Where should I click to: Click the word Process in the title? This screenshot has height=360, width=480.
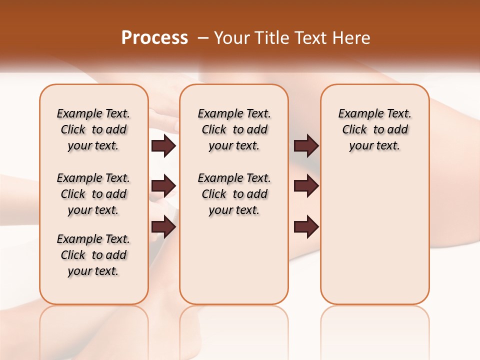154,38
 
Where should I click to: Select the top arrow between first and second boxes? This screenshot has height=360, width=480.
163,145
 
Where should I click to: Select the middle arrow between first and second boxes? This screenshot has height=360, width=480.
163,186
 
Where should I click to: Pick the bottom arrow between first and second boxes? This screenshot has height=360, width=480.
163,227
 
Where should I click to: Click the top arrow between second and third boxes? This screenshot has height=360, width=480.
306,145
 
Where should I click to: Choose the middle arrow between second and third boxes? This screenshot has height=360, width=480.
306,186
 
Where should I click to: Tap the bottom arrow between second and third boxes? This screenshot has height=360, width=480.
306,227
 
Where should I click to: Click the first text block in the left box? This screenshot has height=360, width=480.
93,129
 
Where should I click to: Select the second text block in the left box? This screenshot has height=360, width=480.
93,194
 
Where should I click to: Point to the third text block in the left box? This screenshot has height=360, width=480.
93,255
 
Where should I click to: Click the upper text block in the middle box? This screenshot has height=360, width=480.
234,129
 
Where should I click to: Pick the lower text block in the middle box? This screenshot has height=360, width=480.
234,194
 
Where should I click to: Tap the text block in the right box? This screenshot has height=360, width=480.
374,129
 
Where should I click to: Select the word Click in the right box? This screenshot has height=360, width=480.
354,130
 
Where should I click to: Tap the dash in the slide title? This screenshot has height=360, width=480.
203,38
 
